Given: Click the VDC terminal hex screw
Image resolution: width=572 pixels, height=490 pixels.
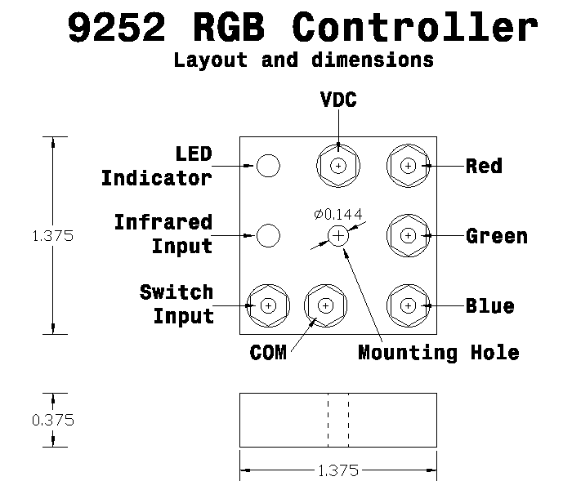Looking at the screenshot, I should tap(337, 166).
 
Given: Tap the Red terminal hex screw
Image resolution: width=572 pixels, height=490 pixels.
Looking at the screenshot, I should tap(407, 166).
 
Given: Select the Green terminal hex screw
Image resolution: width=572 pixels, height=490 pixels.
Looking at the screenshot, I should tap(407, 235).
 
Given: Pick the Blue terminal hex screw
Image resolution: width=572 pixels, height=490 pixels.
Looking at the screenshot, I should tap(407, 305).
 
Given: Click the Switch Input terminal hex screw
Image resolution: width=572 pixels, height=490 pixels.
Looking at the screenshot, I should tap(268, 305).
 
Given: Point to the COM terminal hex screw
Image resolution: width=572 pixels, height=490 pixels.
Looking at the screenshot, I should tap(325, 305).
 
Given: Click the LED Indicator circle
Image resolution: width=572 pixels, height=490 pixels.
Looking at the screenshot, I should tap(268, 166).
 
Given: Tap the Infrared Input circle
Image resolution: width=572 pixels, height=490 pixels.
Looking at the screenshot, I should tap(268, 235).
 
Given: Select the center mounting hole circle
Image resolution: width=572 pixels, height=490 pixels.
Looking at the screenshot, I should tap(337, 235).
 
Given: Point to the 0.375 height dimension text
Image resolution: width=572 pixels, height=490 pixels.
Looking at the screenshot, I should tap(53, 421).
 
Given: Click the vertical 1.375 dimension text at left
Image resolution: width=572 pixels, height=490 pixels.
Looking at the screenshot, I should tap(52, 236).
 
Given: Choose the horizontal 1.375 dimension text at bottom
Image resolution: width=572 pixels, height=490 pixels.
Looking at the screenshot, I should tap(337, 472).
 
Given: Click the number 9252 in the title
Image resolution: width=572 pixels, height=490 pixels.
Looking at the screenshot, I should tap(119, 28).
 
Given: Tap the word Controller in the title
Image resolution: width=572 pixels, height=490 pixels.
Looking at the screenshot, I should tap(415, 28).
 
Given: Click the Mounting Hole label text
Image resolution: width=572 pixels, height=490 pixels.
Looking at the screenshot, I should tap(439, 353).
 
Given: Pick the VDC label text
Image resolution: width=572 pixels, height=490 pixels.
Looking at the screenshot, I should tap(337, 100).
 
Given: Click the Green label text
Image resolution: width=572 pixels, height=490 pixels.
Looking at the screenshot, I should tap(496, 236).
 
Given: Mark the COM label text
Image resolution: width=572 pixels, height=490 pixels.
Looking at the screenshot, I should tap(268, 354).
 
